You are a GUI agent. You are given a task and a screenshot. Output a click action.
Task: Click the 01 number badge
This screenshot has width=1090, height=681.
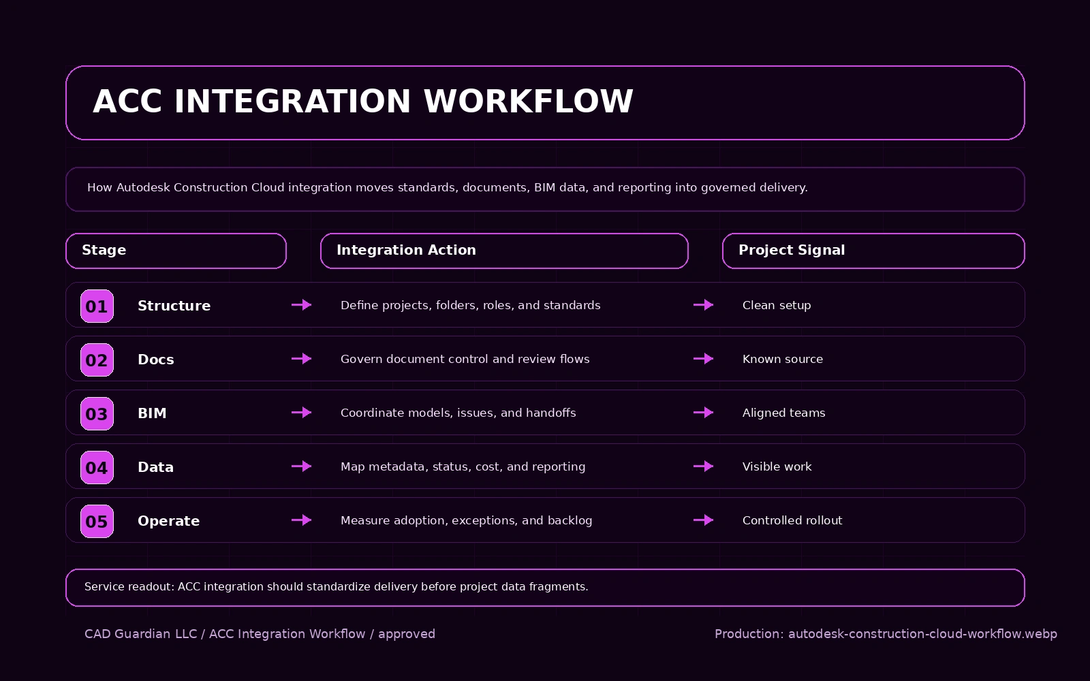click(97, 306)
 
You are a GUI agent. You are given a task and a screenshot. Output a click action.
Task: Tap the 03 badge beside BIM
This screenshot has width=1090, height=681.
click(97, 413)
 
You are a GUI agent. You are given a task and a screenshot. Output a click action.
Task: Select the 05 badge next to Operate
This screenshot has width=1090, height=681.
click(97, 521)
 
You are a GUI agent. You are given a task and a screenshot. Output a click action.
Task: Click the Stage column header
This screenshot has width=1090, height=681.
click(176, 251)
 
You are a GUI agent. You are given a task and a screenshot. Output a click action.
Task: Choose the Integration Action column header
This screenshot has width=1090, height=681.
click(504, 251)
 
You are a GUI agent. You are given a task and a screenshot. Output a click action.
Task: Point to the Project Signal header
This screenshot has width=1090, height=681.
click(873, 251)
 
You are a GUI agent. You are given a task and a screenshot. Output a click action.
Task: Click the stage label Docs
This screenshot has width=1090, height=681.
click(155, 360)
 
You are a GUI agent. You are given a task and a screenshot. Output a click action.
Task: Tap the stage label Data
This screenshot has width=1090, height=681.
click(155, 467)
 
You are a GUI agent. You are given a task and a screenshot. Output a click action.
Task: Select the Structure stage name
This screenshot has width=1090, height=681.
click(174, 306)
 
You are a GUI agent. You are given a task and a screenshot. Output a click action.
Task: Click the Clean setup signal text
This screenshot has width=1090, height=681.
click(777, 305)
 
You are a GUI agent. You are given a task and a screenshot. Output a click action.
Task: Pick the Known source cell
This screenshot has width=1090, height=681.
click(782, 359)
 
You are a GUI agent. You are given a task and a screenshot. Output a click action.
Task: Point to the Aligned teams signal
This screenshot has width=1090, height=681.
click(783, 413)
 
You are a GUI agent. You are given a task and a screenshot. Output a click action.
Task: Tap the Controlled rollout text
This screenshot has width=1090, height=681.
click(792, 520)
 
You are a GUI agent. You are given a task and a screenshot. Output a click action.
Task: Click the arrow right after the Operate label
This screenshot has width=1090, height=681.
click(301, 520)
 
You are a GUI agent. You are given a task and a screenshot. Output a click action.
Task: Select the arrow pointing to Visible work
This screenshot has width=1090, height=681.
click(703, 466)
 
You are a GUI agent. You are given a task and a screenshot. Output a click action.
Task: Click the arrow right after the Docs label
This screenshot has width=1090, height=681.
click(301, 359)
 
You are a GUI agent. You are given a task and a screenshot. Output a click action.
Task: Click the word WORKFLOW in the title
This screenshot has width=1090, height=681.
click(528, 101)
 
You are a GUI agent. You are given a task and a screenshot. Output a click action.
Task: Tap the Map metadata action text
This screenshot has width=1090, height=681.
click(463, 466)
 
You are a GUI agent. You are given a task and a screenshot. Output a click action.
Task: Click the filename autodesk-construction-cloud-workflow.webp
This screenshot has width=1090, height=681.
click(922, 634)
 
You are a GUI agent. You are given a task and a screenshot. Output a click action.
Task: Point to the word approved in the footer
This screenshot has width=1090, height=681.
click(406, 634)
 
